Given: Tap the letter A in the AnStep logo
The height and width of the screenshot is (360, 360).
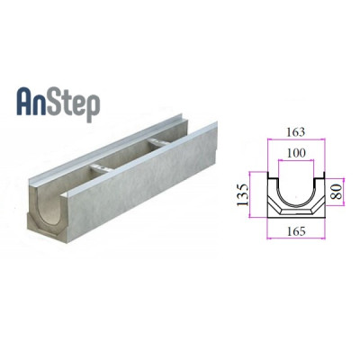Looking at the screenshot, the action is tap(25, 102).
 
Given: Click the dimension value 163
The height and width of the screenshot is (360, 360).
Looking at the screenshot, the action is tap(295, 132).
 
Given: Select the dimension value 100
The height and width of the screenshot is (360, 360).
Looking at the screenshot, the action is tap(296, 153).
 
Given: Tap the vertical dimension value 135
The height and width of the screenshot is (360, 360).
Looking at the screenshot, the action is tap(243, 194).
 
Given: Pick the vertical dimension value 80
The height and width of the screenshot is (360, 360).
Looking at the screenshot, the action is tap(336, 193).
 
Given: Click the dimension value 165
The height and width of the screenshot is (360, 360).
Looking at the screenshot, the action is tap(296, 231).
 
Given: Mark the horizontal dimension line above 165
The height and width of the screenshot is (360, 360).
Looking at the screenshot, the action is tap(296, 238).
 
